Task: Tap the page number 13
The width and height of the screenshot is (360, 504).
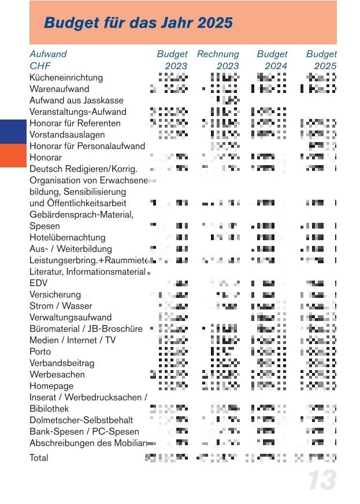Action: [321, 480]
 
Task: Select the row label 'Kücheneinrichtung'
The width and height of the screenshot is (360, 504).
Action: [66, 77]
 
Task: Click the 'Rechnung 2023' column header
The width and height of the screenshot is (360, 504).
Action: [218, 60]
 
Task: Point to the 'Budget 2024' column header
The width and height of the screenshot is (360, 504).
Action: [272, 60]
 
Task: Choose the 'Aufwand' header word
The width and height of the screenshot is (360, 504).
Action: [48, 54]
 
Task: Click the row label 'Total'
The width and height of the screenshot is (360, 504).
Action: [39, 458]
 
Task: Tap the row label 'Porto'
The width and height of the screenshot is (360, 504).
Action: [40, 352]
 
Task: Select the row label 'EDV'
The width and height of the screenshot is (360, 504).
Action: [38, 283]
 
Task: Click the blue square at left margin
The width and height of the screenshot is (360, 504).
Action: [13, 132]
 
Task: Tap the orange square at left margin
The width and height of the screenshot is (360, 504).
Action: [13, 156]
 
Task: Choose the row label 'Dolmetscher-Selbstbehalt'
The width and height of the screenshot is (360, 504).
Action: [81, 420]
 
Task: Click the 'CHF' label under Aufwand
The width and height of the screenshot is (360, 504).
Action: [40, 66]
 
